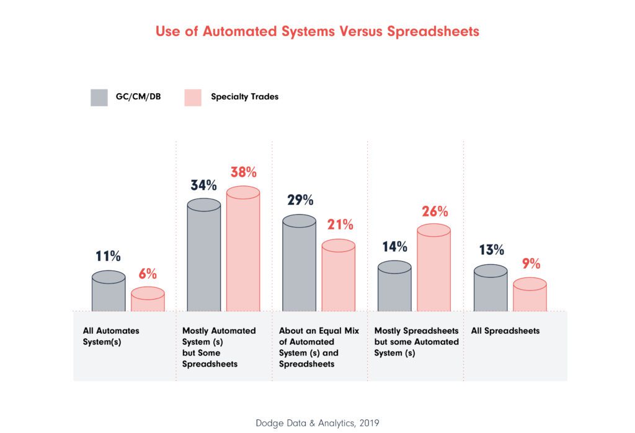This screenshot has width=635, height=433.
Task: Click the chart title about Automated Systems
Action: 317,32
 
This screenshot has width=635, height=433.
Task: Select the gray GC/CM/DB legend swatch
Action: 99,97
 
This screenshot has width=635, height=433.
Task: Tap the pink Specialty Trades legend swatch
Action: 193,97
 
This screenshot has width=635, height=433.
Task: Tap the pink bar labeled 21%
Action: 339,276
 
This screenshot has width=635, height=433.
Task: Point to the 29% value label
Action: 300,200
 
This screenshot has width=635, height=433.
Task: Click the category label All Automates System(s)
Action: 111,336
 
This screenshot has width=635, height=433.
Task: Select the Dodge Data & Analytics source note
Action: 317,422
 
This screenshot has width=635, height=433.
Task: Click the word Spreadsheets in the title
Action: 433,32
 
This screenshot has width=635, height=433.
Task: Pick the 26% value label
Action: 434,212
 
